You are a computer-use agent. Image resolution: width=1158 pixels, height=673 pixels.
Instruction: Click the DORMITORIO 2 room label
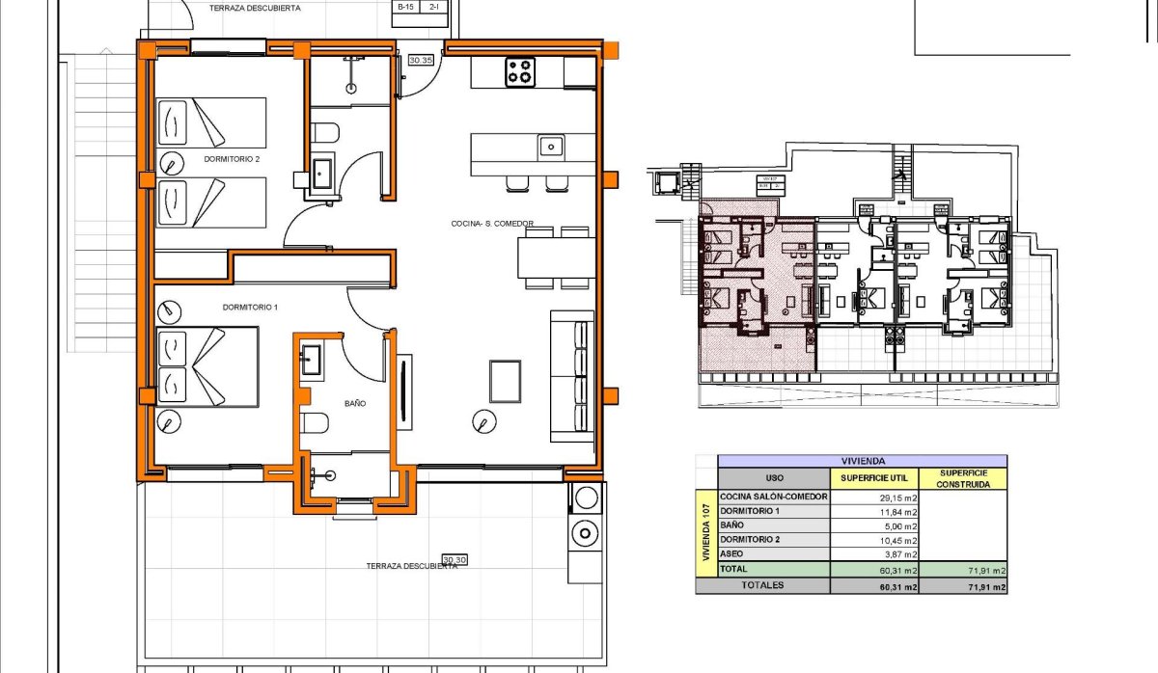[232, 159]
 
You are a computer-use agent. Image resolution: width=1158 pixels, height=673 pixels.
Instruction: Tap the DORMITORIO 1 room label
[250, 308]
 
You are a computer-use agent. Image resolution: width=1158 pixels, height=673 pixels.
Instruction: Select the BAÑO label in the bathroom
[354, 404]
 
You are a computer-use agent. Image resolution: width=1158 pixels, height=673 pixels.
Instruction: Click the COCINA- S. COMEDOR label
[492, 224]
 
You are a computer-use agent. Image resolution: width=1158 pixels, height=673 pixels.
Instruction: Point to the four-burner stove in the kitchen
[520, 72]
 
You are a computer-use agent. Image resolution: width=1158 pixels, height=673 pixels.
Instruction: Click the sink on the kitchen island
[551, 147]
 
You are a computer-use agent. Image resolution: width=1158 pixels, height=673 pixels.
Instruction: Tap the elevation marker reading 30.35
[421, 60]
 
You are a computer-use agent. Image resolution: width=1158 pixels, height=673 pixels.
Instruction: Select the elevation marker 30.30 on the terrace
[455, 559]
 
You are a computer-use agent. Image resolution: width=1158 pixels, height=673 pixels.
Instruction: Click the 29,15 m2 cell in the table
[873, 498]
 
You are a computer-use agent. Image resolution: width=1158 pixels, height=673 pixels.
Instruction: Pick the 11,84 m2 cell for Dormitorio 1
[873, 512]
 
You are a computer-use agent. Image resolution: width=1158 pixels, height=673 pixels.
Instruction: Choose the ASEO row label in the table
[732, 555]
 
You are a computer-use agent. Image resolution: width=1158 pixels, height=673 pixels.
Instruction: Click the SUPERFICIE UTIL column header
[873, 477]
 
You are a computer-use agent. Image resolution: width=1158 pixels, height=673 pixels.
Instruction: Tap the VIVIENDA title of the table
[863, 461]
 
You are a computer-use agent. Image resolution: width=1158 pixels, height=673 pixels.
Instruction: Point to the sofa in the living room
[571, 372]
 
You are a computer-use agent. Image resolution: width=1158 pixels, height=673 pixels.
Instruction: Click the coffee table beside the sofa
[506, 381]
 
